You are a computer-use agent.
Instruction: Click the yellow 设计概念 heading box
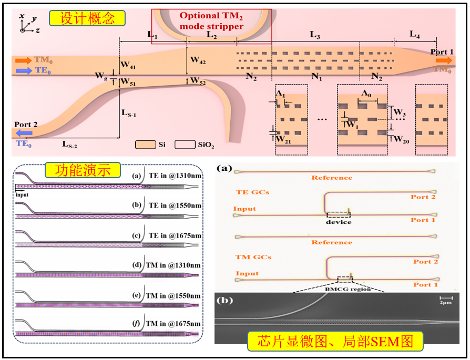tap(87, 19)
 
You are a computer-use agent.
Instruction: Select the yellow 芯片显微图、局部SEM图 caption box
tap(335, 341)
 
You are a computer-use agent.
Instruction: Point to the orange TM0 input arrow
tap(24, 60)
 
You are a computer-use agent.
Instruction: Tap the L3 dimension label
tap(315, 35)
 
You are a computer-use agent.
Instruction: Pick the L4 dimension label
tap(415, 36)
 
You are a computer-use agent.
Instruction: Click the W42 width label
tap(198, 60)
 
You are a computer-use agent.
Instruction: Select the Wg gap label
tap(101, 75)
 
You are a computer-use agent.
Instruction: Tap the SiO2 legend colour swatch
tap(183, 144)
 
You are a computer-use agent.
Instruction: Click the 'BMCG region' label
tap(348, 289)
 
